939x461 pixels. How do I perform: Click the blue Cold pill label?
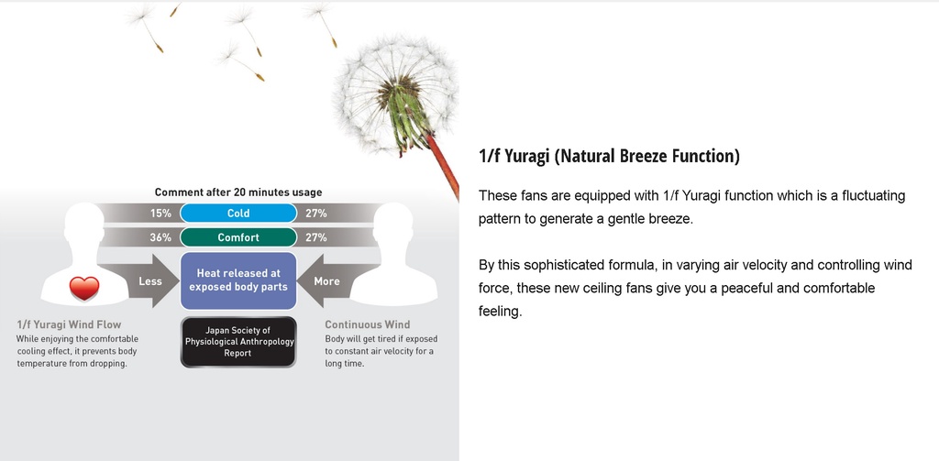[x=238, y=214]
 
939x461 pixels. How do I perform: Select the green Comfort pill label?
[x=238, y=237]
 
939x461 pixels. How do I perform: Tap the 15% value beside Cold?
[x=160, y=214]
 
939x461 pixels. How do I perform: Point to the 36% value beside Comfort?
[x=160, y=237]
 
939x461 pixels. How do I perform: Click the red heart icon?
[x=83, y=289]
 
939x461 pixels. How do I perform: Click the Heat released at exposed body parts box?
[x=238, y=280]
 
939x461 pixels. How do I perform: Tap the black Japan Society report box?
[x=238, y=342]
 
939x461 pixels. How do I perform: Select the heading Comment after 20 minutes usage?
[x=238, y=192]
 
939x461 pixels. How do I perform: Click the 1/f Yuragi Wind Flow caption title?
[x=69, y=325]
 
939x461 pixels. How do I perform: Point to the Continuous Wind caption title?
[x=368, y=324]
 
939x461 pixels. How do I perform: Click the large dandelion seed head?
[x=395, y=93]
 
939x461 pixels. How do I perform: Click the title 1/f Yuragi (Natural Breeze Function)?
[x=609, y=156]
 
